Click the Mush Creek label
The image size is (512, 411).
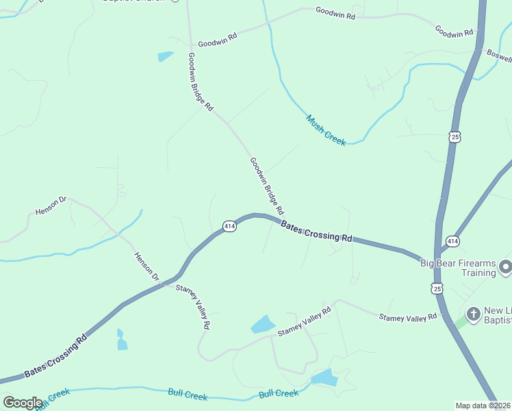[326, 129]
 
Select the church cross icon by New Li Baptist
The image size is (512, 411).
[473, 314]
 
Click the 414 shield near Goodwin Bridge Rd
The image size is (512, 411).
[229, 226]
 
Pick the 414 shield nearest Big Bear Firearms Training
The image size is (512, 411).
[452, 241]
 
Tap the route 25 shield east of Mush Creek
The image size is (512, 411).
[455, 137]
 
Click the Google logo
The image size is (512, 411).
[23, 403]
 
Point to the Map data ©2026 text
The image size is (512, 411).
[483, 406]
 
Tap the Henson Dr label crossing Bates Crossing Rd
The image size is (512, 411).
[146, 267]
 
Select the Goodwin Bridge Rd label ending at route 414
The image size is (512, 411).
[267, 186]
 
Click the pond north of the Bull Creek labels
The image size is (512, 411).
[324, 377]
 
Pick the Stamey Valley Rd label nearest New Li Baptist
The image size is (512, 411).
[408, 316]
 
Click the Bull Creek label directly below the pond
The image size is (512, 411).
[279, 394]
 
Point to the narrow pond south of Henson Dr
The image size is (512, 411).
[122, 340]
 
